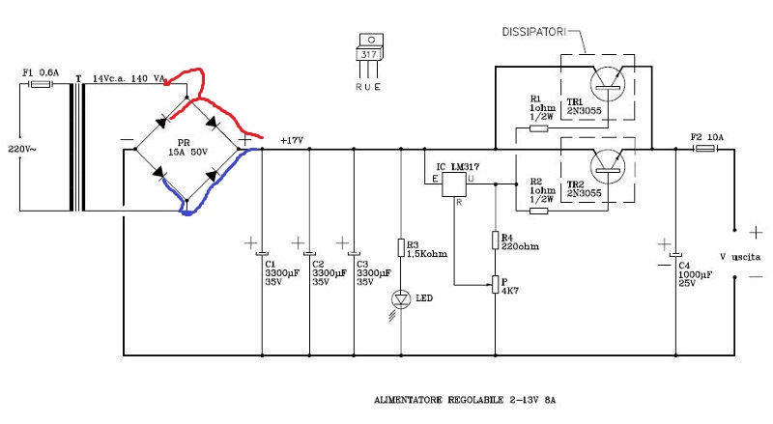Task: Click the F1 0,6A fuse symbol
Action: [41, 84]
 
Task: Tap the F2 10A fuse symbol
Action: [705, 149]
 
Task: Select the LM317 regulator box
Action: [453, 184]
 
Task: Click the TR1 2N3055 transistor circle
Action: [608, 84]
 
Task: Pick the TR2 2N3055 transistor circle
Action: [608, 166]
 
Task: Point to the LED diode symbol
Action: [401, 298]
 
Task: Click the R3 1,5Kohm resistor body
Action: [401, 247]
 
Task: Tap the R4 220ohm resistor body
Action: [495, 240]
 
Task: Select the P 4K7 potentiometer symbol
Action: [495, 285]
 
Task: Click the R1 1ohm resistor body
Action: [539, 128]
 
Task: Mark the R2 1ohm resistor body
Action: [539, 211]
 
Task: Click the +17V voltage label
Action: [292, 140]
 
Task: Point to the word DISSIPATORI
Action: [534, 32]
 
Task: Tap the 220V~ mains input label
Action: [21, 149]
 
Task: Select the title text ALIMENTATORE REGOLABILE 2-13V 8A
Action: [465, 400]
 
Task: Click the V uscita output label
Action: [740, 257]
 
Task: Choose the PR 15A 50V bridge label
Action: [187, 148]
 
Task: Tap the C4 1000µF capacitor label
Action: [695, 274]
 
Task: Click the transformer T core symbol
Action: [78, 147]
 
